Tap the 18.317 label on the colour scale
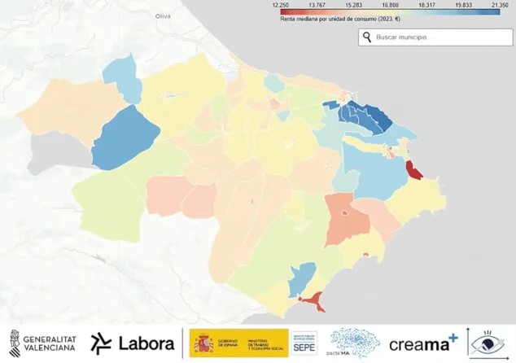coord(420,5)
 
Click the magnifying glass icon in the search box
coord(367,37)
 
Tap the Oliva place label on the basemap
coord(164,15)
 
